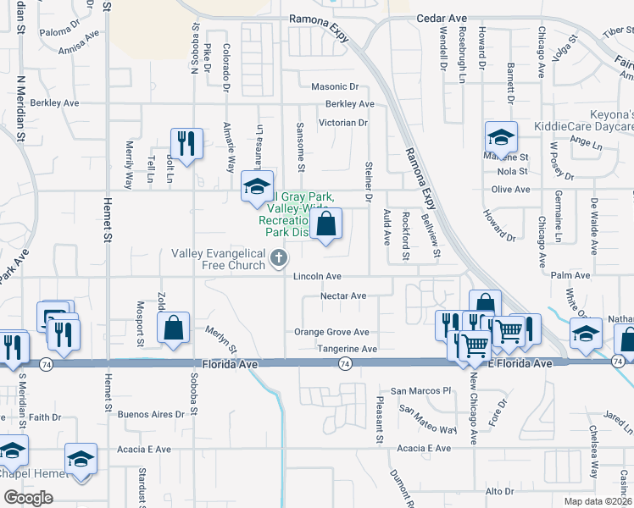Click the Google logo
pos(28,498)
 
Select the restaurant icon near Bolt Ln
pos(186,145)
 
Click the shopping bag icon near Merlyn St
pos(173,329)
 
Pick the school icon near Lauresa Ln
pos(257,188)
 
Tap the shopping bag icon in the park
pos(326,225)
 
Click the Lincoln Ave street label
pos(317,277)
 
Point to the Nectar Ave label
pos(343,296)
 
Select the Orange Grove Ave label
pos(331,333)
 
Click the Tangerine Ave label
pos(347,349)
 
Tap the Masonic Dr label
pos(335,86)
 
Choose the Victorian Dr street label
pos(342,123)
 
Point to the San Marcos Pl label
pos(420,392)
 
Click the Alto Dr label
pos(499,491)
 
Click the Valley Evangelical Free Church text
pos(220,259)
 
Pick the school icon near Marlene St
pos(501,139)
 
